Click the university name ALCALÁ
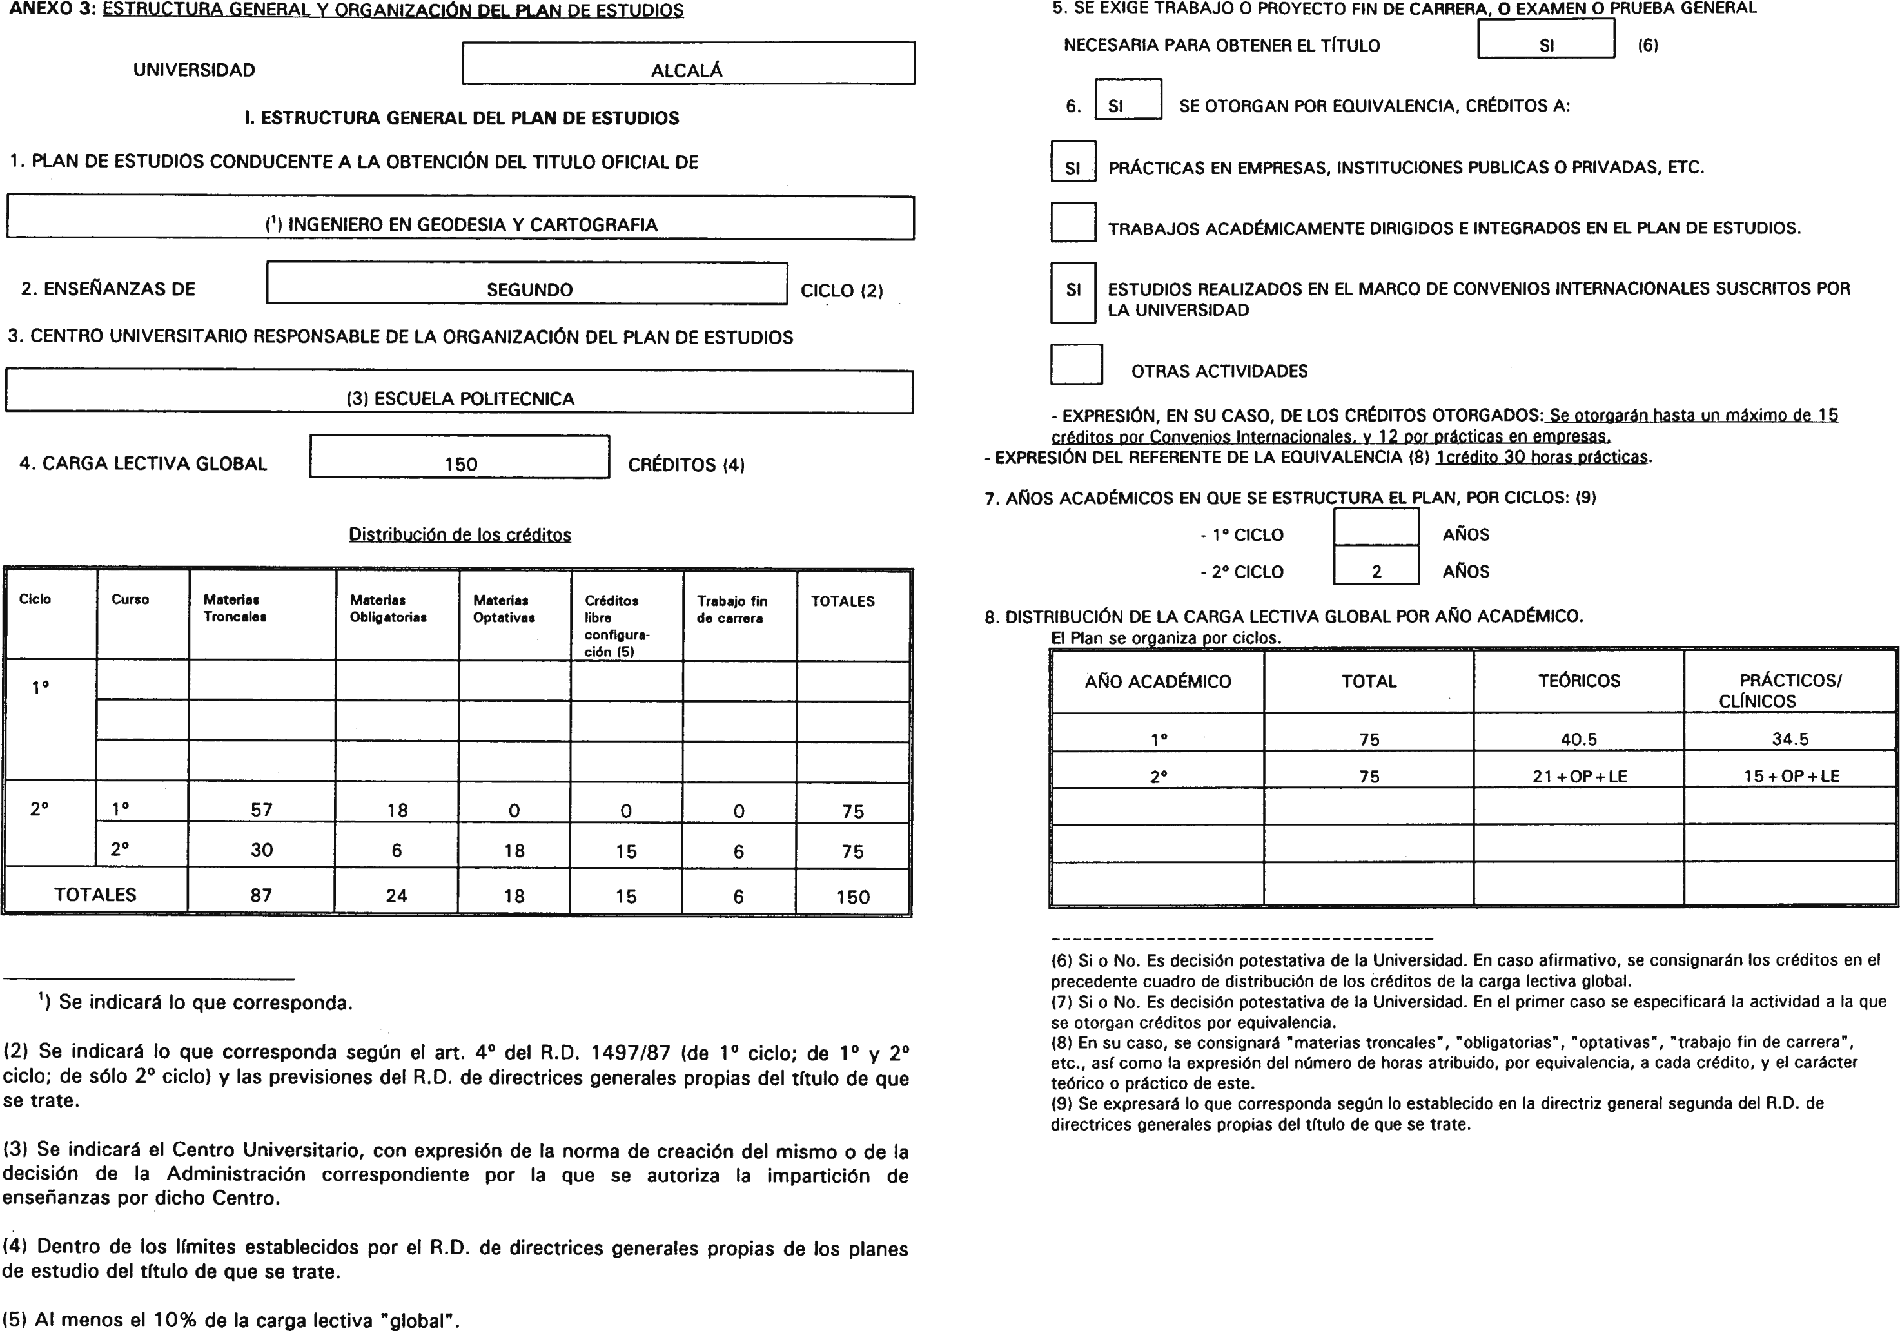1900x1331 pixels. pyautogui.click(x=686, y=70)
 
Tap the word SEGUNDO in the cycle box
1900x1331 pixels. pyautogui.click(x=529, y=289)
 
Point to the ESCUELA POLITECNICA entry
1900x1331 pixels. pyautogui.click(x=460, y=399)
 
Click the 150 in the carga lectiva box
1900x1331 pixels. pyautogui.click(x=460, y=464)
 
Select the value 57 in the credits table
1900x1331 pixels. pyautogui.click(x=262, y=810)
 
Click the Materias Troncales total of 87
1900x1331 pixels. pyautogui.click(x=262, y=895)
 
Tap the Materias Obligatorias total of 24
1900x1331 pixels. pyautogui.click(x=397, y=896)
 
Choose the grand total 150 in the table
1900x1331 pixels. pyautogui.click(x=852, y=897)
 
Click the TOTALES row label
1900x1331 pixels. pyautogui.click(x=95, y=894)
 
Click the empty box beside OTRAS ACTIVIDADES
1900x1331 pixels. pyautogui.click(x=1076, y=365)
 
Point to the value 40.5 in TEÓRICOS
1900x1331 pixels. pyautogui.click(x=1578, y=739)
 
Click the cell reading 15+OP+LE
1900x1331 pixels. pyautogui.click(x=1791, y=776)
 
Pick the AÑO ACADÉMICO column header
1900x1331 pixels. pyautogui.click(x=1158, y=682)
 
